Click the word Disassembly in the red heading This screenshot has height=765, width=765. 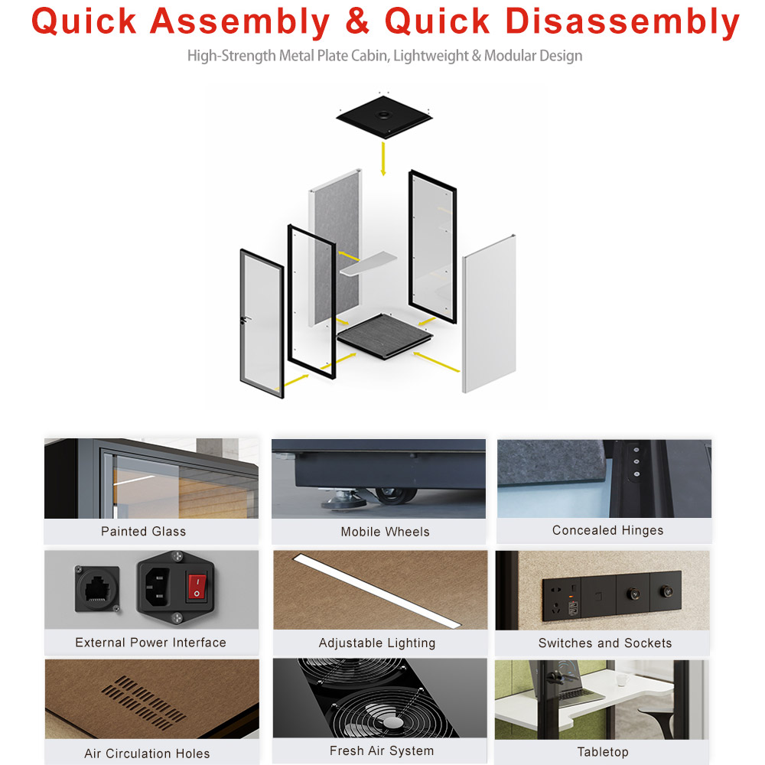623,22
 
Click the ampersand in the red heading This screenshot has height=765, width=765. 357,21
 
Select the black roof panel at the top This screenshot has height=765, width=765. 385,117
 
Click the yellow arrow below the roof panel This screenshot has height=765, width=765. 383,158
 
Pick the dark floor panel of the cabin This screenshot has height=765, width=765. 385,336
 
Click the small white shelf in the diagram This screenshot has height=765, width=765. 368,263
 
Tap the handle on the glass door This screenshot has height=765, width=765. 245,320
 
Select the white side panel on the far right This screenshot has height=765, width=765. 489,314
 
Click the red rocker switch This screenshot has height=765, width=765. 197,587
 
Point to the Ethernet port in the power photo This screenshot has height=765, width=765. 97,589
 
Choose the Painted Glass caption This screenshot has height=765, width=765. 144,532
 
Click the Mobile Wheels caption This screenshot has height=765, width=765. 385,532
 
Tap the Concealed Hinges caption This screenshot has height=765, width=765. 607,530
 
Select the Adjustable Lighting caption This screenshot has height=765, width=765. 376,643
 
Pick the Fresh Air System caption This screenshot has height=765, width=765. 382,750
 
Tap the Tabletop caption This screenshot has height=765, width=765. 603,752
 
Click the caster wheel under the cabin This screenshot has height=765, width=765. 394,496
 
